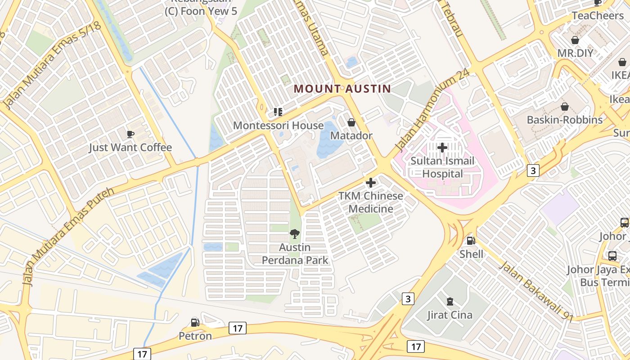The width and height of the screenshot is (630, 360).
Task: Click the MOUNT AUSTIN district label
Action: (342, 89)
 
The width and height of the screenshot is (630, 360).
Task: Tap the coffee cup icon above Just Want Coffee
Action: (130, 134)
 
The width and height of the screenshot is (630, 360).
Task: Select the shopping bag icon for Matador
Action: (351, 122)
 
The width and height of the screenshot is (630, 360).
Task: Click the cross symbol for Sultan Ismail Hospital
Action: (442, 147)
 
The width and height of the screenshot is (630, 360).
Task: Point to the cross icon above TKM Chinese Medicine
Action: (371, 183)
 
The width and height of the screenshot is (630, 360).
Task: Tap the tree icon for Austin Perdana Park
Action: (295, 234)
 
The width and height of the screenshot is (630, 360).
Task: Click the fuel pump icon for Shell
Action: (471, 241)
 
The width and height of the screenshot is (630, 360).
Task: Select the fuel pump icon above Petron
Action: (195, 322)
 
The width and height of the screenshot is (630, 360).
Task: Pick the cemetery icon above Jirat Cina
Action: (450, 301)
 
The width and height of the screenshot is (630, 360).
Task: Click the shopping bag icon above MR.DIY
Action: (575, 40)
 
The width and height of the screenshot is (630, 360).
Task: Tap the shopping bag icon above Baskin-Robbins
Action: (564, 107)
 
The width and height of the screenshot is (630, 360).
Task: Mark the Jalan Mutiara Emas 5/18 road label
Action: (52, 65)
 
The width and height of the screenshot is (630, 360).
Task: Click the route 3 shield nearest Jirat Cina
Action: (408, 299)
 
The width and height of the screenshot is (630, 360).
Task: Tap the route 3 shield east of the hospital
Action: (533, 171)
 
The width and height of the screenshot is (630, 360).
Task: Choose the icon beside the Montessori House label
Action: (278, 112)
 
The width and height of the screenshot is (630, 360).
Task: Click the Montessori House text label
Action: (278, 126)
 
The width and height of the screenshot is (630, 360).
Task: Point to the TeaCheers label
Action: (598, 15)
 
